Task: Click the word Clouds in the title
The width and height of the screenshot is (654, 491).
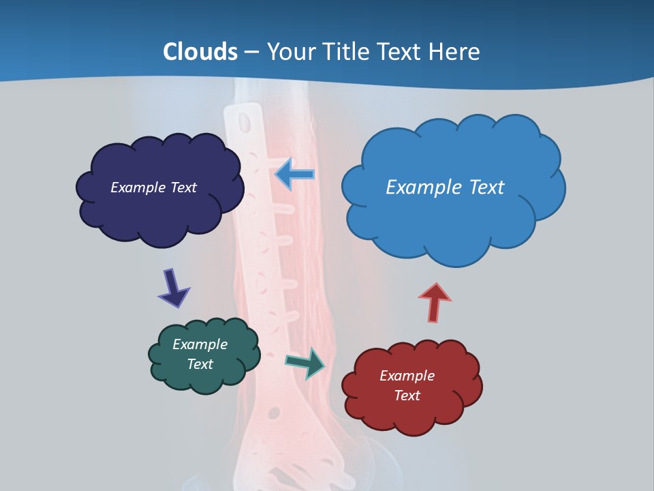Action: point(200,52)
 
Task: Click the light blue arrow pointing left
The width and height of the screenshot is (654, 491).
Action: point(294,174)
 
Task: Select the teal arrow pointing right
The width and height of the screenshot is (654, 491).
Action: point(306,362)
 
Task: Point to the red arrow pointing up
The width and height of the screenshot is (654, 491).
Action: point(434,301)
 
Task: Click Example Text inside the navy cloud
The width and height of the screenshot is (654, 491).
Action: point(153,188)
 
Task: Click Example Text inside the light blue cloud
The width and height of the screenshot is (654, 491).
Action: point(445,187)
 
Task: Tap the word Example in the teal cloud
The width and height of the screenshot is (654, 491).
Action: point(200,344)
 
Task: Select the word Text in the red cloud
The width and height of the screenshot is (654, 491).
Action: point(407,396)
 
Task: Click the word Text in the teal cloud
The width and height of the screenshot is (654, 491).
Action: point(200,364)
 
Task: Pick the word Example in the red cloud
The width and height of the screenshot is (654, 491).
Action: point(407,376)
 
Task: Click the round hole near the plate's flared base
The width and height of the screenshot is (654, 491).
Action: point(274,413)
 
